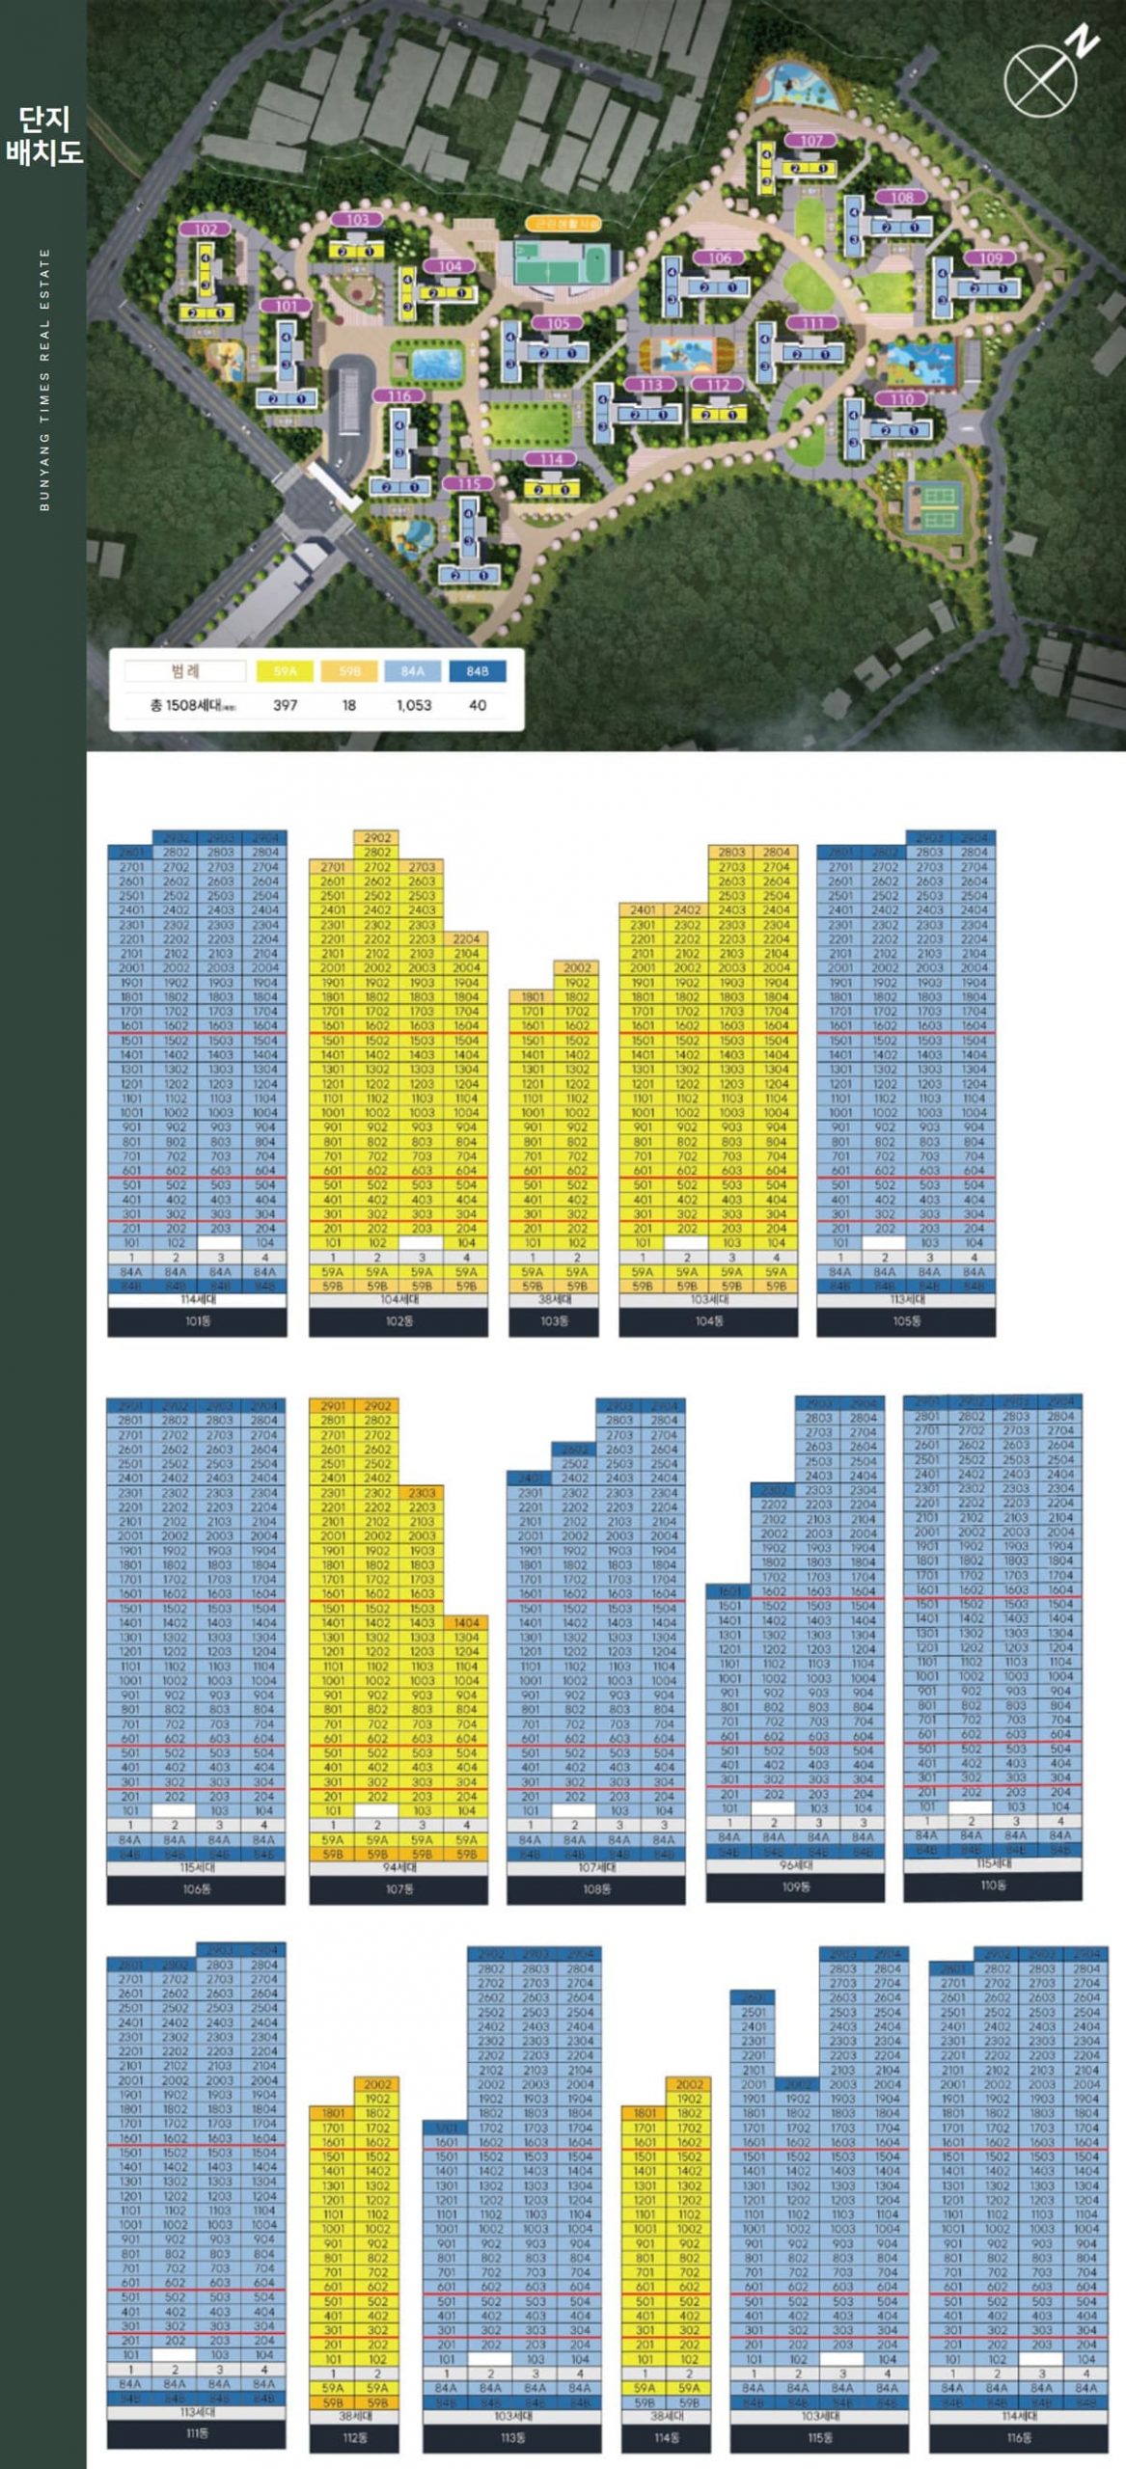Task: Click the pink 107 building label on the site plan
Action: coord(812,141)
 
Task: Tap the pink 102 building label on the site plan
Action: coord(206,230)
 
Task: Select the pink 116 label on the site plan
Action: coord(398,396)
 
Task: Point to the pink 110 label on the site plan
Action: coord(902,399)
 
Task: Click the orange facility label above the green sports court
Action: coord(563,224)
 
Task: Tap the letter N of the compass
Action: coord(1085,43)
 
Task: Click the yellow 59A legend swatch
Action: coord(286,671)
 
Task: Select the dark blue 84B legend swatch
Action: coord(477,671)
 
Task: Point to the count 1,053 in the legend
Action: coord(414,705)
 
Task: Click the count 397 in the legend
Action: coord(286,705)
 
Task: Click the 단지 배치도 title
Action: coord(44,136)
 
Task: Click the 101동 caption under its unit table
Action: coord(197,1321)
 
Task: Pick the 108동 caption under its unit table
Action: coord(596,1888)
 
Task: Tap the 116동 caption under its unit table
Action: coord(1019,2437)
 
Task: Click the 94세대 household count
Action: coord(398,1867)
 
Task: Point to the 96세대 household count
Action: coord(795,1865)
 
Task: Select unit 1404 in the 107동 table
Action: coord(466,1623)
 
